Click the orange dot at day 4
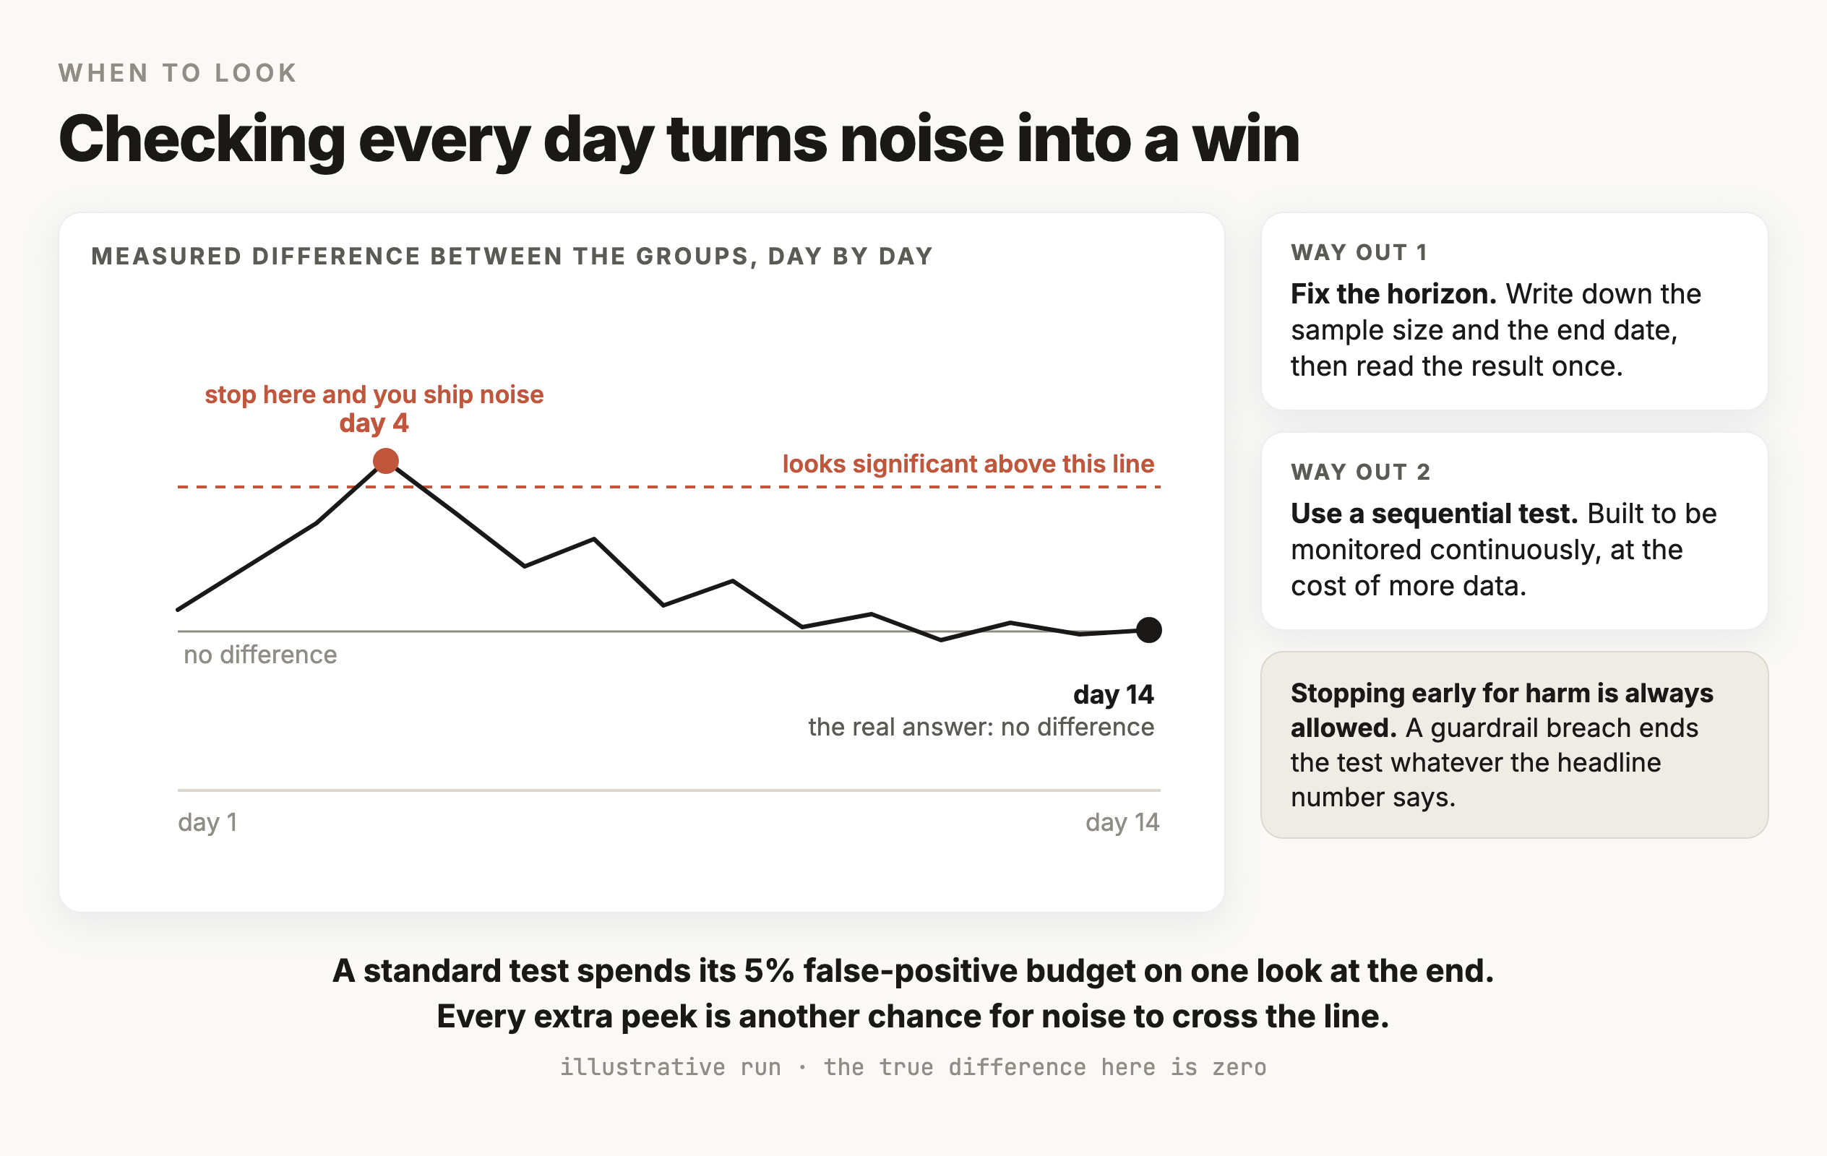click(385, 460)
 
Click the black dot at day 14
click(1148, 629)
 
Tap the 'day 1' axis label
click(207, 822)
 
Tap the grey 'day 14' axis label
click(1122, 822)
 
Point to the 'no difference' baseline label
click(260, 655)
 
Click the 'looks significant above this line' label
click(968, 463)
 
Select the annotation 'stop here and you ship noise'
click(374, 394)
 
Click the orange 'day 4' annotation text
click(374, 423)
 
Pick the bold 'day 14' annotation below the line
click(1113, 694)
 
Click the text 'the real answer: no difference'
click(981, 727)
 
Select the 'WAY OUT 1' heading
click(1359, 253)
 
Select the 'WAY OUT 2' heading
click(1360, 472)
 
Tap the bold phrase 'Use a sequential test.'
click(1434, 514)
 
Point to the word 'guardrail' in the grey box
click(1482, 728)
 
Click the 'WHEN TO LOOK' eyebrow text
click(178, 73)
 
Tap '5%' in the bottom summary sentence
click(770, 971)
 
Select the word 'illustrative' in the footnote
click(642, 1067)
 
